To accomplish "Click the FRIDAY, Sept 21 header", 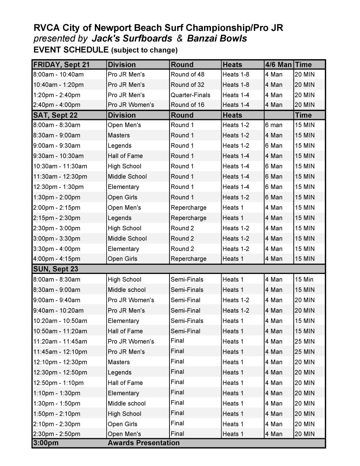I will [x=62, y=65].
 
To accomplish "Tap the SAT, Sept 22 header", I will [x=56, y=115].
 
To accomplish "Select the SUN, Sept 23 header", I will [x=56, y=269].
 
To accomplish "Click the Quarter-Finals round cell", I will [x=190, y=95].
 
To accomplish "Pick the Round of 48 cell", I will [x=187, y=75].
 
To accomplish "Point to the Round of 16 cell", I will [x=187, y=105].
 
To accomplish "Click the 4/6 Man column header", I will [x=278, y=65].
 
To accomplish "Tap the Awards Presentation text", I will [x=143, y=443].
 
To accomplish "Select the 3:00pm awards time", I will [x=46, y=443].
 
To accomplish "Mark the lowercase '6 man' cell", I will [x=274, y=125].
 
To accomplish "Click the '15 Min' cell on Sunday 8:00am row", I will [x=304, y=280].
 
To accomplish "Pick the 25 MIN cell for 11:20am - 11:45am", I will [x=304, y=341].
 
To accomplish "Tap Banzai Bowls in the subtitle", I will [x=217, y=39].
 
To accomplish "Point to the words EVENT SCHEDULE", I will [x=71, y=50].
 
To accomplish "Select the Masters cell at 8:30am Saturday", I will [x=118, y=135].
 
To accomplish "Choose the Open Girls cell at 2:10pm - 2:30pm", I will [x=122, y=424].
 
